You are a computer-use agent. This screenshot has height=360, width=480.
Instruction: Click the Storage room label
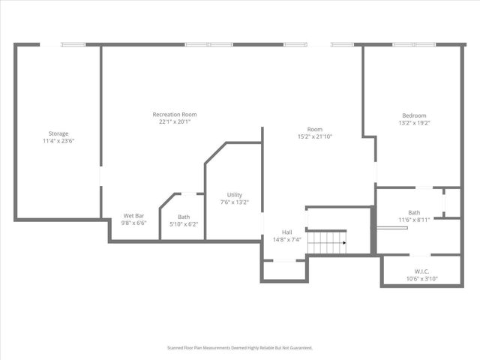click(58, 133)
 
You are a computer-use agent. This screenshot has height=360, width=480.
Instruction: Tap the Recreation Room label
click(175, 115)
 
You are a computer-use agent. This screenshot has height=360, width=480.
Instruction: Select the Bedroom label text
click(414, 115)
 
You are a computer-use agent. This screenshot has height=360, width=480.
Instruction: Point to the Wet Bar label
click(134, 216)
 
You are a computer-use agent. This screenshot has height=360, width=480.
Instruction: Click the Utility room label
click(234, 195)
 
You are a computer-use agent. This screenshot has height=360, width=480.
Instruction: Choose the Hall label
click(287, 232)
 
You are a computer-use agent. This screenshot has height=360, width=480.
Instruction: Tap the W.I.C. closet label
click(421, 271)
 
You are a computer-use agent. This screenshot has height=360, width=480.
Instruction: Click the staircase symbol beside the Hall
click(327, 242)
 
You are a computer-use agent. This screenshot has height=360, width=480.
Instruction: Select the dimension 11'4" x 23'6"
click(58, 141)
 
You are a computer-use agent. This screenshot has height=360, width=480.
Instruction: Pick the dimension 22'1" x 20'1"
click(175, 122)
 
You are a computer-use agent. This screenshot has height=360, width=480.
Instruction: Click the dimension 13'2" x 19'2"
click(414, 123)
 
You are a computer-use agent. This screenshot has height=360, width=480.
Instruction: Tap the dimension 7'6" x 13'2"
click(234, 202)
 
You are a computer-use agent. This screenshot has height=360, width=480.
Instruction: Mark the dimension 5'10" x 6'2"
click(184, 223)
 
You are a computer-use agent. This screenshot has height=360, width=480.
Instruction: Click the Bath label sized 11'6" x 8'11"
click(414, 212)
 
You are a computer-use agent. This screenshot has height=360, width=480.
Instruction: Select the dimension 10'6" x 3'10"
click(421, 279)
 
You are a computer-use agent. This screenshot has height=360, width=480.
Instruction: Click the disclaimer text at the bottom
click(239, 348)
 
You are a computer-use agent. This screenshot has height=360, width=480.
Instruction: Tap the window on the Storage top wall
click(73, 44)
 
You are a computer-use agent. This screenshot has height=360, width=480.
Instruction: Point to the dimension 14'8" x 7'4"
click(287, 240)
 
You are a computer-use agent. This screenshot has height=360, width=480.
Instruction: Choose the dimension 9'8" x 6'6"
click(134, 223)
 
